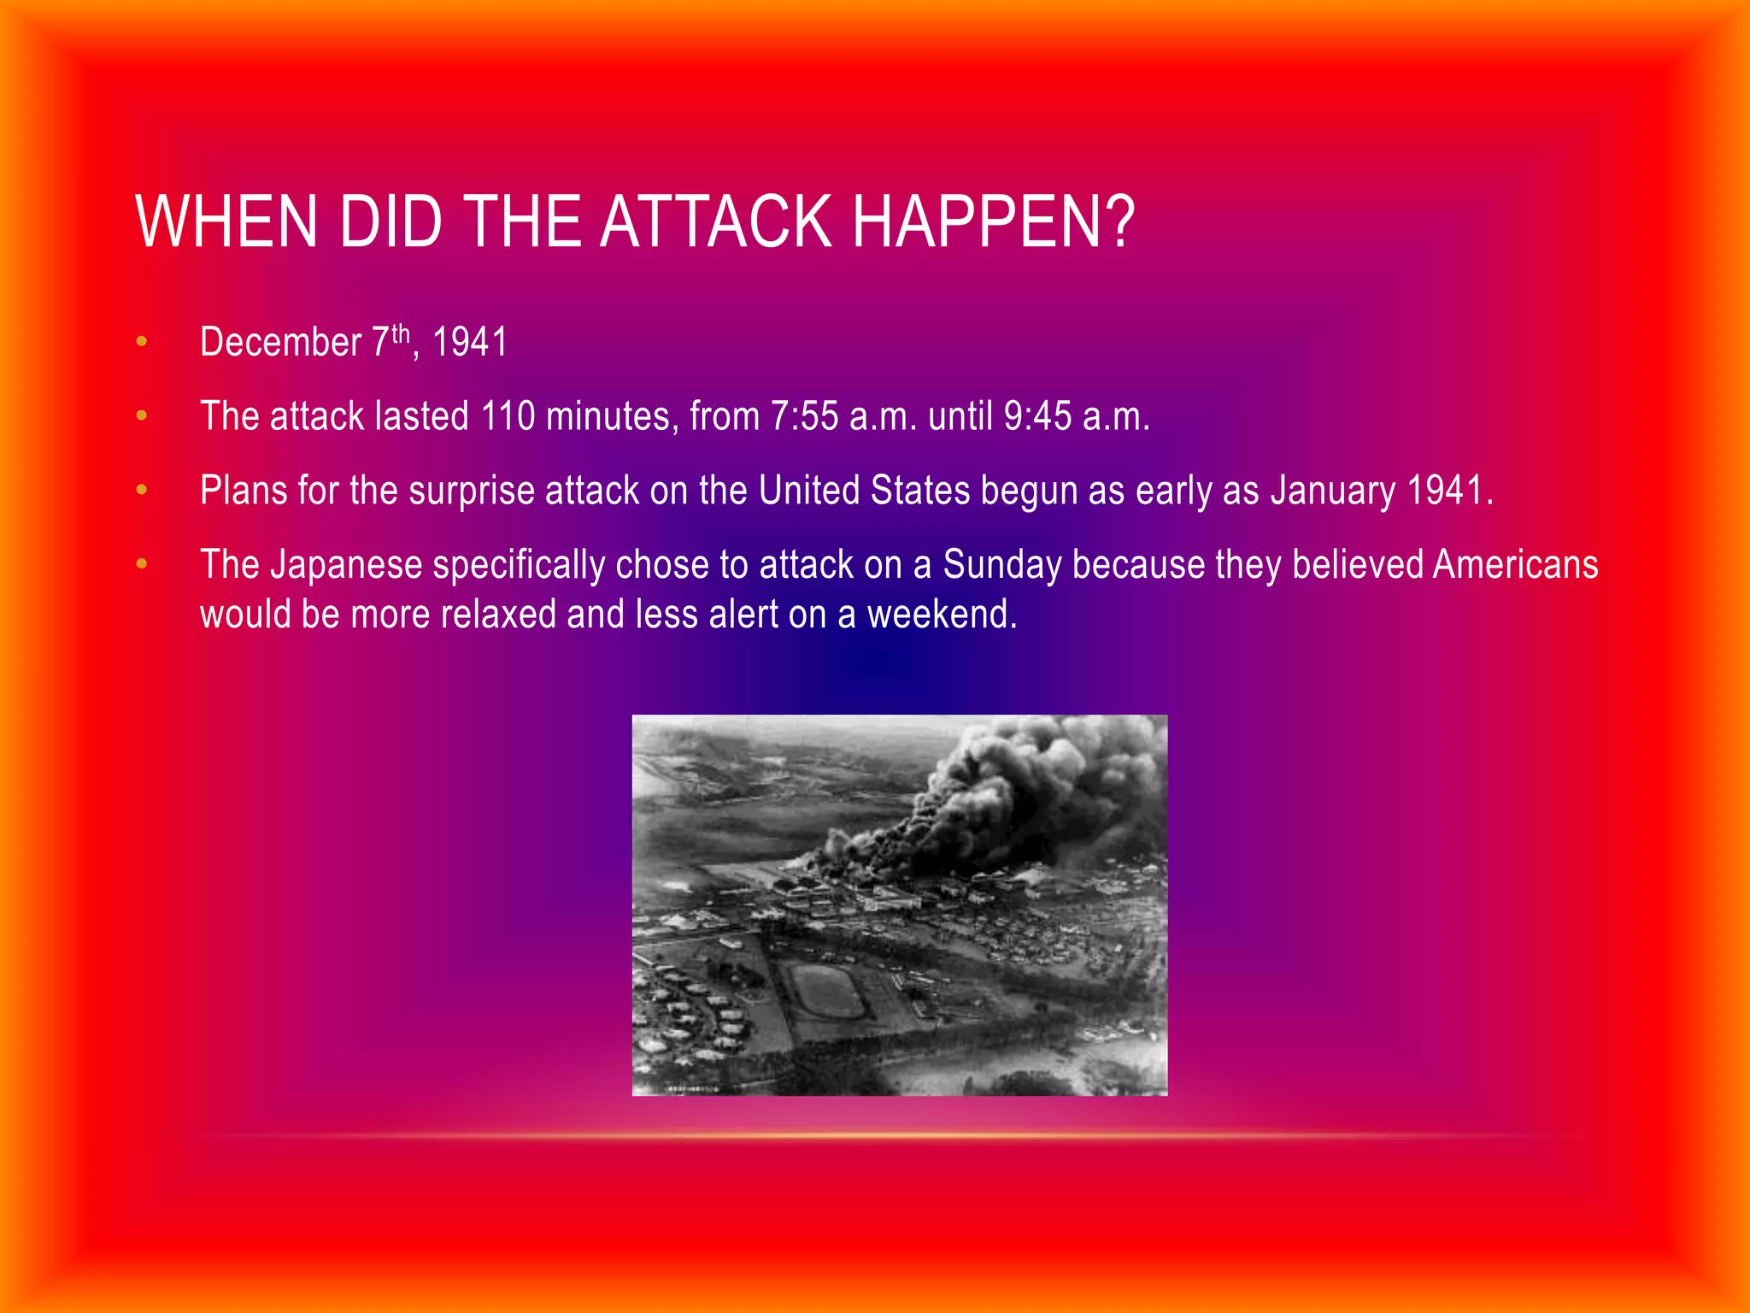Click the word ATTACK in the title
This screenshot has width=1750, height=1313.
coord(716,221)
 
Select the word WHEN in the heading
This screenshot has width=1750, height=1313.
coord(226,221)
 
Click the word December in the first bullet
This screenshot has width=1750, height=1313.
coord(280,343)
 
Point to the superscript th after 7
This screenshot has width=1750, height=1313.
coord(401,333)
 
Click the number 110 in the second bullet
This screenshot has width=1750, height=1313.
coord(508,416)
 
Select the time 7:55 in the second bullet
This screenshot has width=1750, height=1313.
coord(804,416)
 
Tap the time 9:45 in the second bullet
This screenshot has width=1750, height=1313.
coord(1037,416)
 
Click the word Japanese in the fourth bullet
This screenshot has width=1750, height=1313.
coord(346,565)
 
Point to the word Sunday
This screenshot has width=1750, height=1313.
coord(1002,565)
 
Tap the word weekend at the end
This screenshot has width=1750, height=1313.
coord(942,615)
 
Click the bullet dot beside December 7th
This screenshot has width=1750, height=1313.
coord(142,343)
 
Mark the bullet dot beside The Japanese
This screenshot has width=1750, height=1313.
coord(142,565)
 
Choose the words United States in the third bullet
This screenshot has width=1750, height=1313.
coord(864,491)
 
